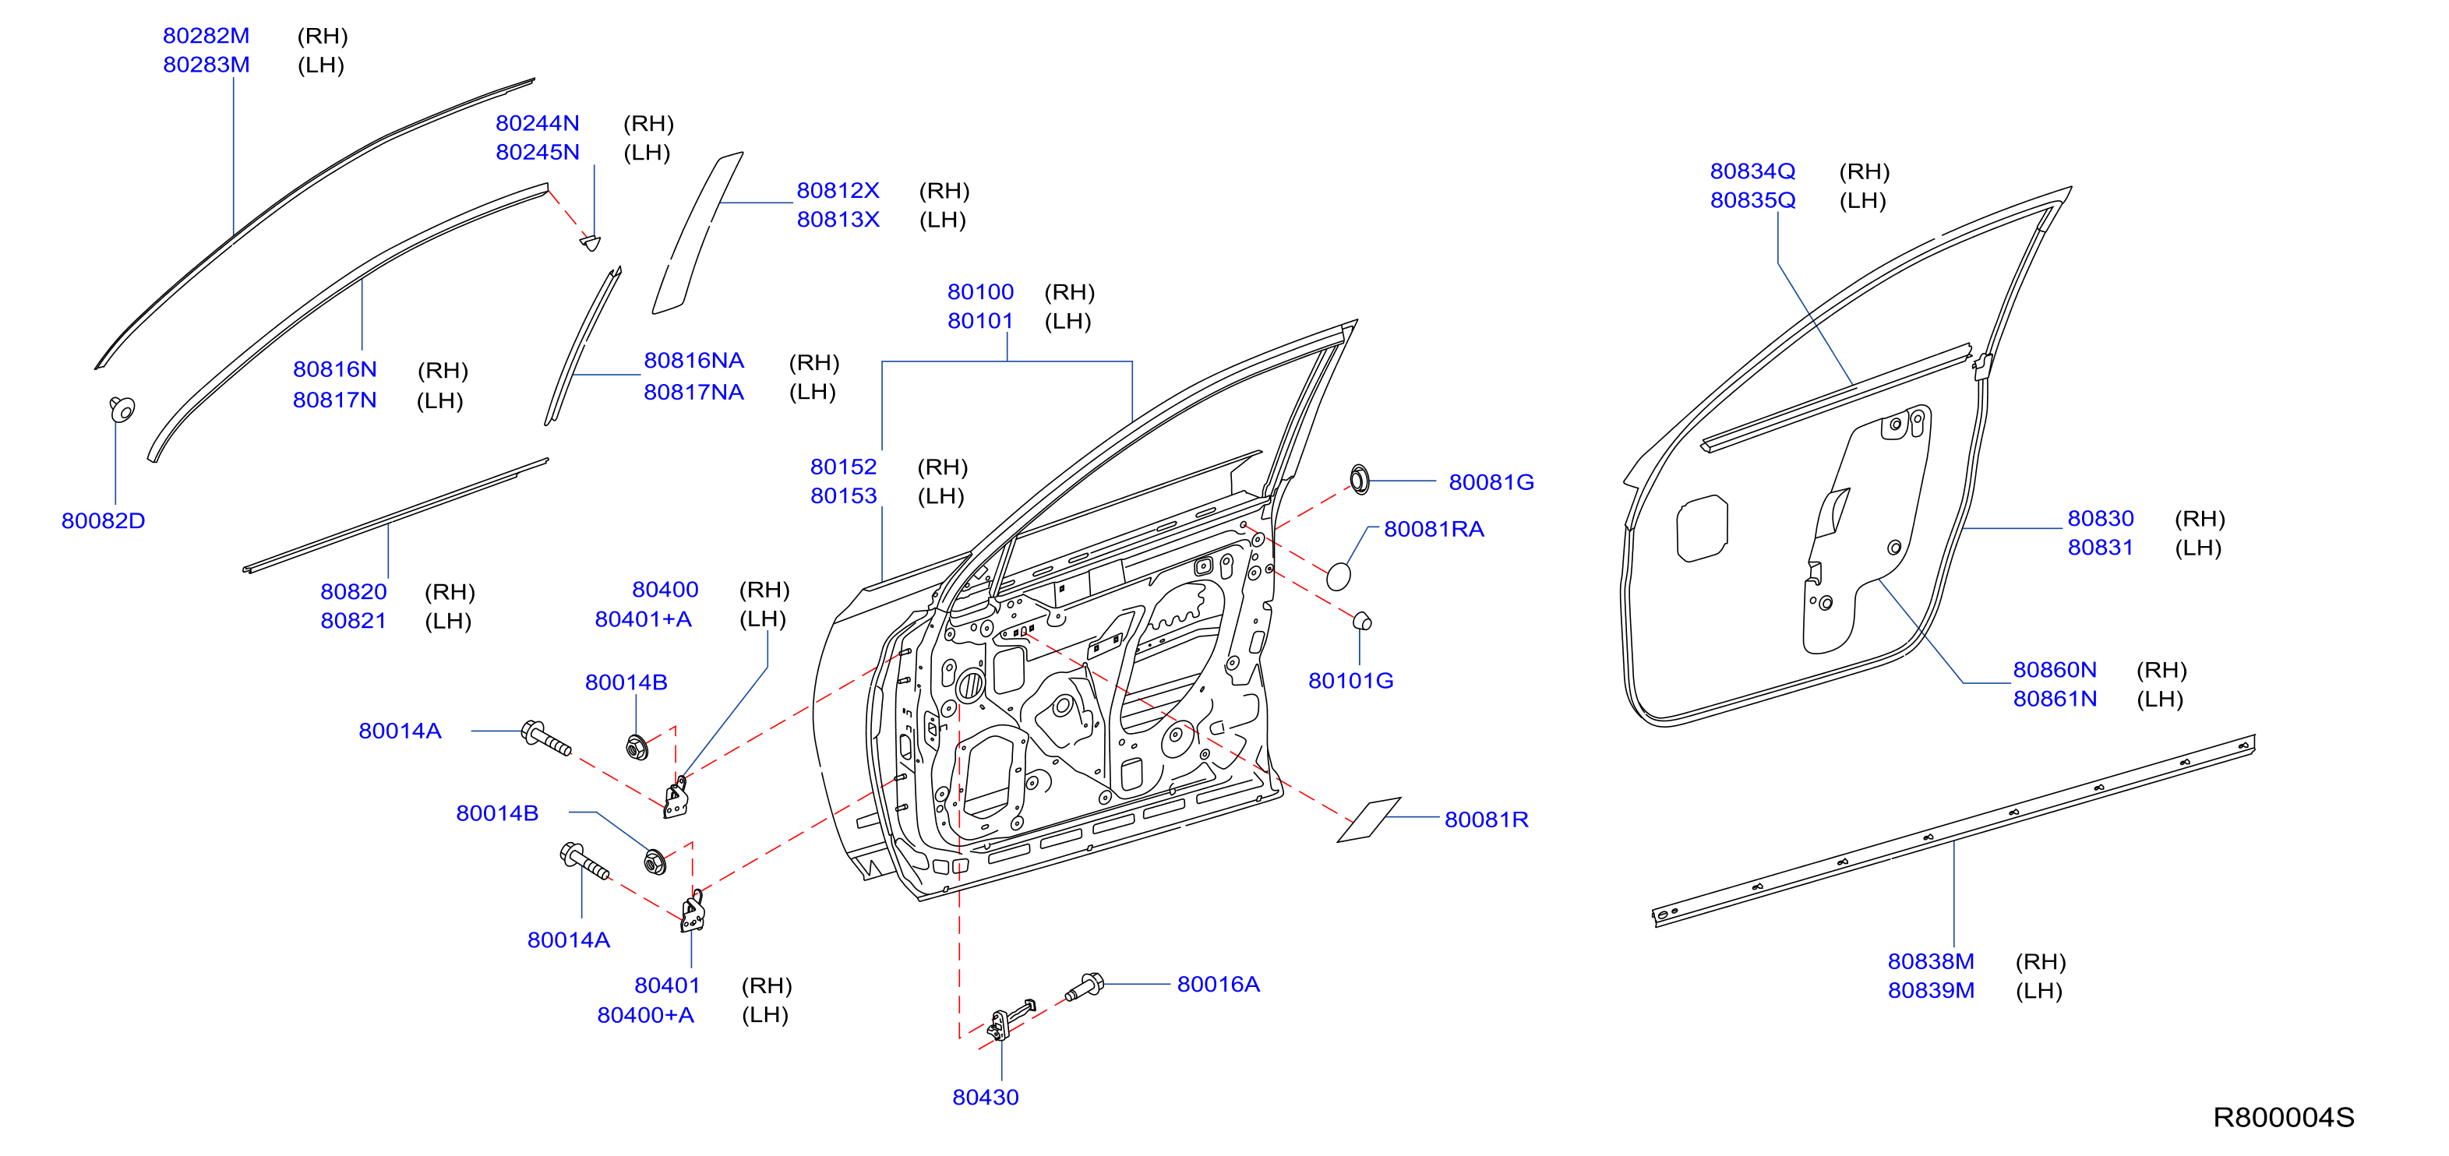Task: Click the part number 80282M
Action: click(206, 36)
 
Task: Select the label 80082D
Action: click(104, 521)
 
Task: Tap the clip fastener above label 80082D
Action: click(122, 409)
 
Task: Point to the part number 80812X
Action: click(838, 190)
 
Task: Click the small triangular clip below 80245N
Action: click(591, 242)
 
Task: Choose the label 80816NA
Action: click(694, 361)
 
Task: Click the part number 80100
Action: click(980, 292)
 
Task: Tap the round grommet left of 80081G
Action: click(1360, 480)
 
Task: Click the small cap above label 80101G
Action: click(1362, 621)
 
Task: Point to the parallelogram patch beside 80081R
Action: click(1369, 819)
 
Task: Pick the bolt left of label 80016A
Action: click(1084, 987)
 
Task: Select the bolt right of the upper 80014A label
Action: click(545, 738)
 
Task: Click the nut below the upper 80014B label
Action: click(637, 747)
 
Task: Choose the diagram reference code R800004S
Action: click(2284, 1117)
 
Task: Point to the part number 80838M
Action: click(1931, 961)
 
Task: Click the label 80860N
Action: click(2055, 669)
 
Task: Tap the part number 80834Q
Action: click(1753, 171)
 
